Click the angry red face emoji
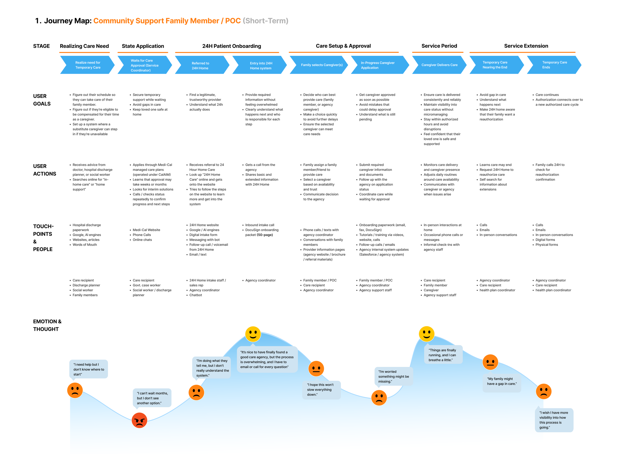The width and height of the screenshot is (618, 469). pos(139,420)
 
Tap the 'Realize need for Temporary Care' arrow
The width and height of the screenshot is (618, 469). pos(88,65)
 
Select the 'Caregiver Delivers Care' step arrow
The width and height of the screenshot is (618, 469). pos(439,65)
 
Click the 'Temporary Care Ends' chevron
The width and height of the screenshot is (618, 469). pos(554,65)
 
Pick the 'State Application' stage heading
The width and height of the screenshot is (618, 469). pos(143,46)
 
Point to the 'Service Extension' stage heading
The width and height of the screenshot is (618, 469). pos(526,46)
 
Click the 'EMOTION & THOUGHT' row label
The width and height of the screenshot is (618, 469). pos(47,325)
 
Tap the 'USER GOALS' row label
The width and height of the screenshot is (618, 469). pos(42,100)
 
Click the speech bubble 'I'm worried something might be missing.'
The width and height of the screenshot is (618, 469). pos(394,376)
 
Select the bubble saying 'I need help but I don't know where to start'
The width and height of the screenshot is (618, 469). pos(88,369)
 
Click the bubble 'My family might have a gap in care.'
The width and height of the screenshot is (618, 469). pos(502,381)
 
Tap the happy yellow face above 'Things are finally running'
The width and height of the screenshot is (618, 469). pos(426,334)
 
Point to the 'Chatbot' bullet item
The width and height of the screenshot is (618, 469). pos(196,295)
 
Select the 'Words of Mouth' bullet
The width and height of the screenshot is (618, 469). pos(85,245)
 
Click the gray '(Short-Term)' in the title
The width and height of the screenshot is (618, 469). pos(265,21)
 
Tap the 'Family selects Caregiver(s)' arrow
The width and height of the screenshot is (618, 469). pos(321,65)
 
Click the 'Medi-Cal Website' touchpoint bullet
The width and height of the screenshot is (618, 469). pos(146,230)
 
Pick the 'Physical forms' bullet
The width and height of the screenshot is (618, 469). pos(547,245)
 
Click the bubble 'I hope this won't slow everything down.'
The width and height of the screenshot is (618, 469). pos(321,390)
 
